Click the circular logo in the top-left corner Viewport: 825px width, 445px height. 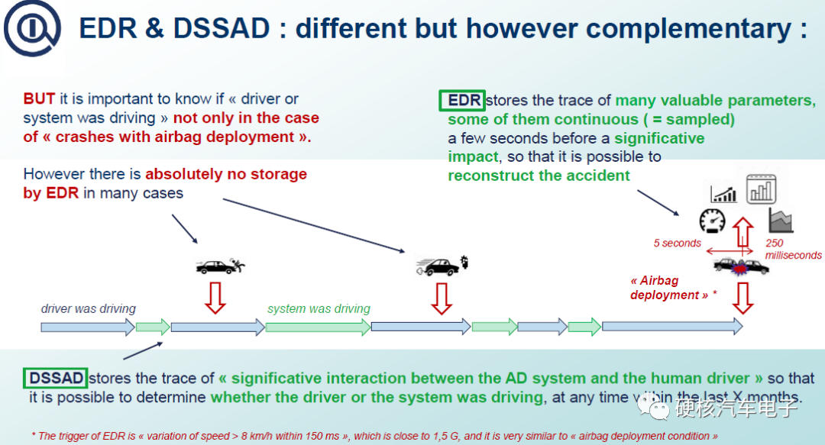coord(31,31)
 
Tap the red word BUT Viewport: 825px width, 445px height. coord(38,99)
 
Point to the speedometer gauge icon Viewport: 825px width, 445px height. coord(712,221)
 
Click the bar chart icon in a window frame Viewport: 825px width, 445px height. coord(761,187)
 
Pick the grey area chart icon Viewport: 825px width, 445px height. coord(781,220)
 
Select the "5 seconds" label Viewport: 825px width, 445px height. coord(677,243)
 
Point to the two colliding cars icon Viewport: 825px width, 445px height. coord(741,266)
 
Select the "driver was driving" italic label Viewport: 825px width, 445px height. coord(88,309)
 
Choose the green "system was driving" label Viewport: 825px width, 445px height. coord(319,309)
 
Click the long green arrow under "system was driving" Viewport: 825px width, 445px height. coord(316,327)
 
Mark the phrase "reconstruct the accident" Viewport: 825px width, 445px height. coord(539,176)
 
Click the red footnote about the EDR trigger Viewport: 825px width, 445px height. coord(374,436)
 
